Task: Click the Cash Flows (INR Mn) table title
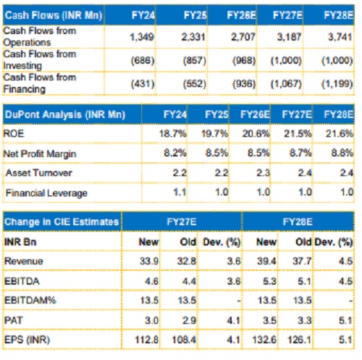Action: coord(54,15)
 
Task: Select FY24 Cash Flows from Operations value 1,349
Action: coord(142,37)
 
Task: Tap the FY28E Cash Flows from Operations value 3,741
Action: coord(340,37)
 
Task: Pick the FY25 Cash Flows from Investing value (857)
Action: coord(194,60)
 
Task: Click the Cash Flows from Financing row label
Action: coord(40,83)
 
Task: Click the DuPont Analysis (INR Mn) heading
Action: coord(65,114)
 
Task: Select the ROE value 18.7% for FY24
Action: coord(173,133)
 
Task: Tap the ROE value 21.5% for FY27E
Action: coord(298,133)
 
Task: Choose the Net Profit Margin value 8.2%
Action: coord(175,153)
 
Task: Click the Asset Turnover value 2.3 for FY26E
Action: coord(263,173)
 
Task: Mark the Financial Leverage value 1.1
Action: coord(180,192)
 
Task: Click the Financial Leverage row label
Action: coord(46,193)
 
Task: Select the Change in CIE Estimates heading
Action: coord(62,222)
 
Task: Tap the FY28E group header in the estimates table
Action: coord(298,222)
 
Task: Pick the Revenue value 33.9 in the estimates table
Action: coord(149,261)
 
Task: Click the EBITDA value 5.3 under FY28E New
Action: coord(269,281)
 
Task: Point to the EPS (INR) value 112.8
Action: coord(146,340)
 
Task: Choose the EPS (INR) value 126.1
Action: coord(299,340)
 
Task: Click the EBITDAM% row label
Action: coord(30,301)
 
